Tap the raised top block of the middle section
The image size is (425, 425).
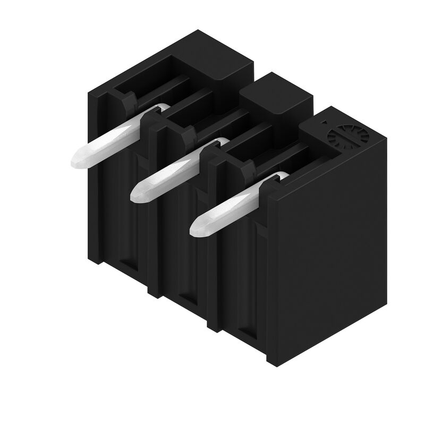(276, 96)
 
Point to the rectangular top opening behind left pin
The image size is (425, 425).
(159, 80)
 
